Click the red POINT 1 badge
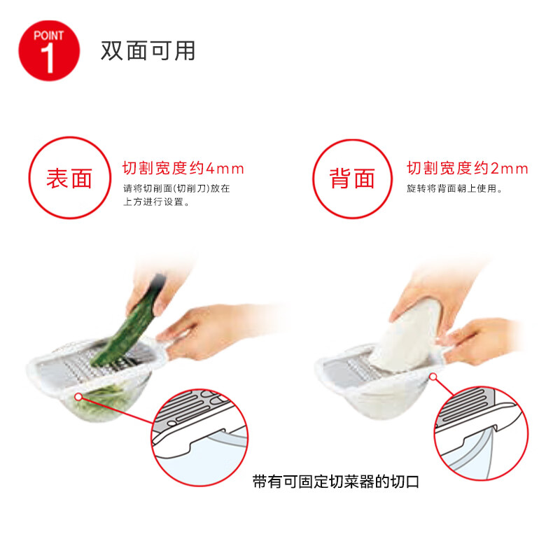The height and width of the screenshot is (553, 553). click(49, 50)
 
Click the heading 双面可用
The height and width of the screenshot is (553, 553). click(148, 51)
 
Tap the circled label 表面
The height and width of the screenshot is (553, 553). click(70, 178)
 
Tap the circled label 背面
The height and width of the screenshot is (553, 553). click(352, 178)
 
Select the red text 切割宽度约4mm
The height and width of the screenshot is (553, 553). click(183, 168)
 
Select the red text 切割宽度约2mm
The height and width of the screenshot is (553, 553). click(468, 168)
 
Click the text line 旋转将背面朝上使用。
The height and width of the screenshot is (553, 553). click(454, 188)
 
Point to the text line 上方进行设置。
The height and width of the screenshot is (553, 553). click(156, 202)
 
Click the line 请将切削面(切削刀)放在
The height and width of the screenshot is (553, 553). click(176, 188)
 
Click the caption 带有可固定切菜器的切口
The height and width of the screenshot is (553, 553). click(336, 482)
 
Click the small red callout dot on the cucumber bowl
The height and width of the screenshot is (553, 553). click(78, 397)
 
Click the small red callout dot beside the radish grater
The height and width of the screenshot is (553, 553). click(433, 377)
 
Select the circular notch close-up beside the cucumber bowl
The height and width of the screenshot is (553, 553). click(199, 437)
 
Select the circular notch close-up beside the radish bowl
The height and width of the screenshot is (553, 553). click(481, 433)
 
